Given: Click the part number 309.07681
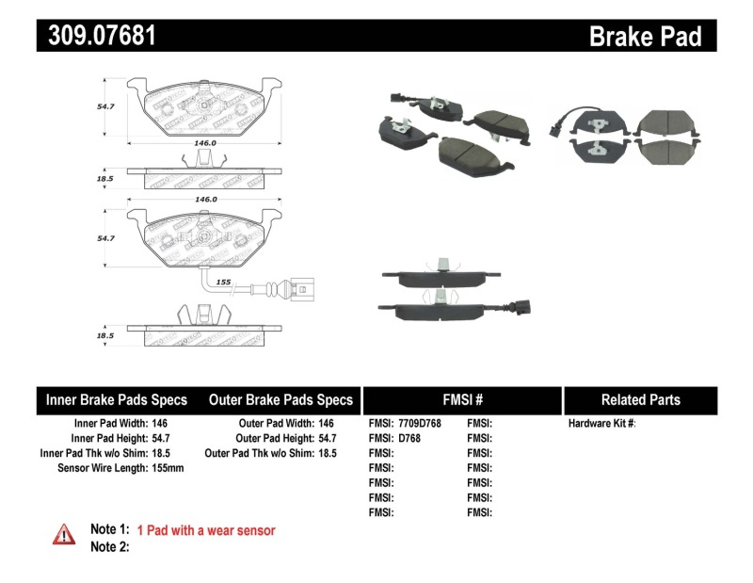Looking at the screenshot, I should click(x=97, y=36).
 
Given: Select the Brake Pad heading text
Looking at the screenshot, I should click(x=645, y=37).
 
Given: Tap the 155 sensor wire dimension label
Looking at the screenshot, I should click(x=224, y=282).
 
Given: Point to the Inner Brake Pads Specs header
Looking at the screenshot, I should click(x=117, y=399).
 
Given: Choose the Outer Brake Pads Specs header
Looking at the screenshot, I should click(x=280, y=399).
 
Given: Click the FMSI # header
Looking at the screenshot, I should click(x=461, y=399).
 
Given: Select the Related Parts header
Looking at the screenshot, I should click(x=640, y=399).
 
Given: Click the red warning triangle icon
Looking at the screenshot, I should click(x=64, y=534).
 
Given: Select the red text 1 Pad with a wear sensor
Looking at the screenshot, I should click(x=206, y=531).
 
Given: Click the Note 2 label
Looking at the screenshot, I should click(x=109, y=546).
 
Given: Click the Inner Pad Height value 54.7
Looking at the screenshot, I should click(x=162, y=438).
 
